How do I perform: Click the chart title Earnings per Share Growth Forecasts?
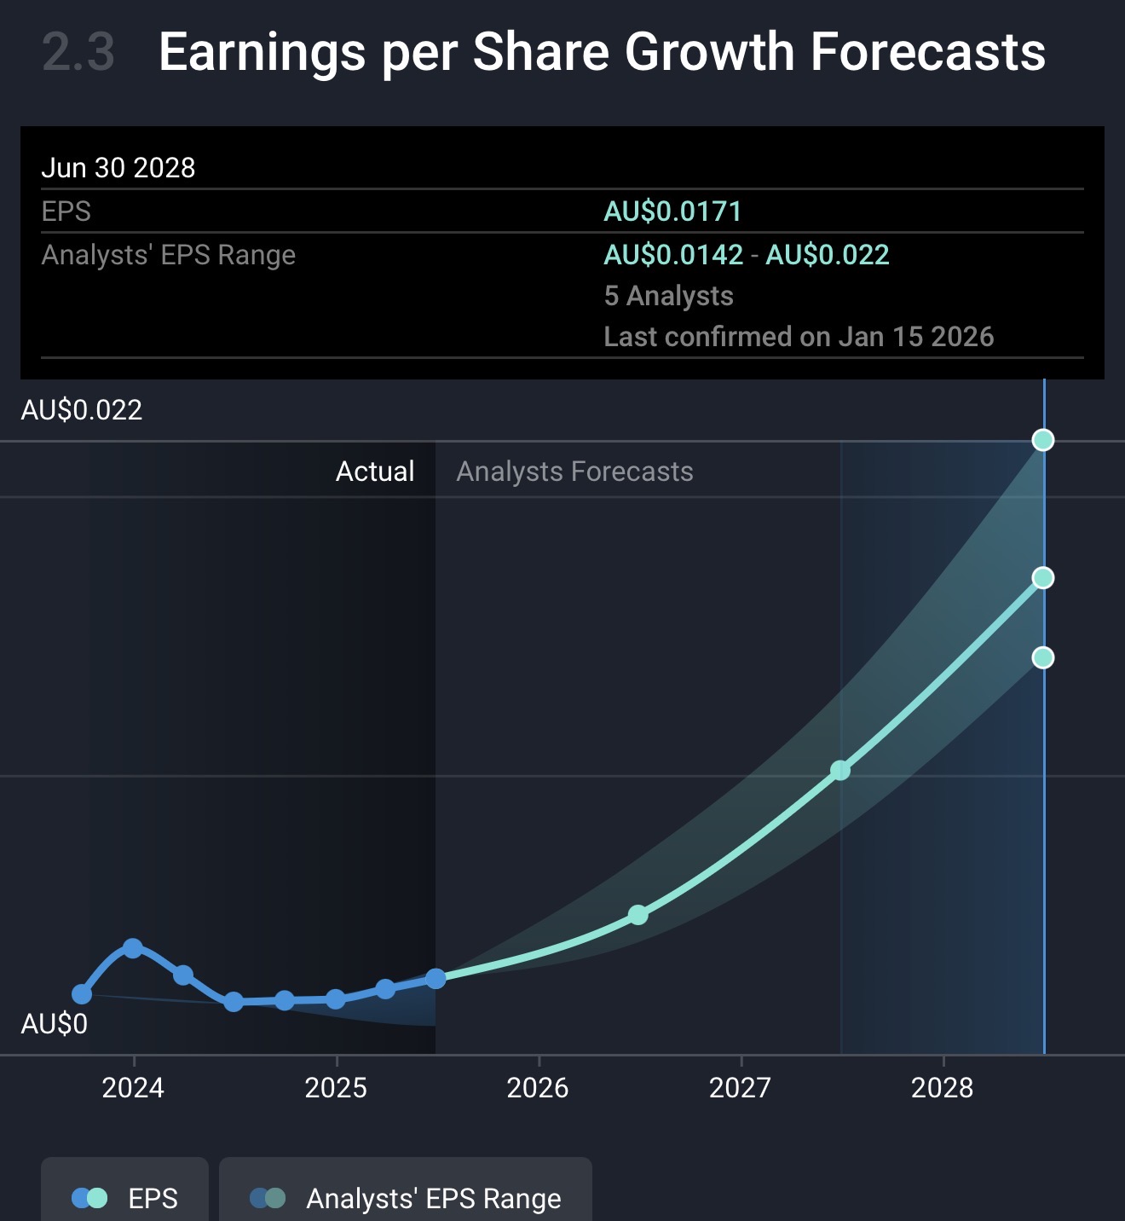pos(602,53)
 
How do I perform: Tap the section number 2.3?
pos(78,53)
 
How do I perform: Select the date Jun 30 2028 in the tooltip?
pos(118,168)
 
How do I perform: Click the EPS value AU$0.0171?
pos(672,211)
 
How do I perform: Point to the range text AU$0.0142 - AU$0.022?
pos(746,255)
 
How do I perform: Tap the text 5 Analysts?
pos(668,296)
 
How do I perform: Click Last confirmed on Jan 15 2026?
pos(799,337)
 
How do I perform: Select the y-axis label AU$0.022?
pos(82,410)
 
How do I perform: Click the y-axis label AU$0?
pos(54,1023)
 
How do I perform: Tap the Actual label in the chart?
pos(375,472)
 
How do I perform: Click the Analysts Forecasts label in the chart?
pos(574,472)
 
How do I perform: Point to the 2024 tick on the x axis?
pos(133,1087)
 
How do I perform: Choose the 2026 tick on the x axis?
pos(538,1087)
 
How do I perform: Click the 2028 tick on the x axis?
pos(942,1087)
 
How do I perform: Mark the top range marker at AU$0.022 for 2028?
pos(1043,440)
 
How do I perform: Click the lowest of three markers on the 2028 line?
pos(1043,657)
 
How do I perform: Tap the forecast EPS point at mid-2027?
pos(840,771)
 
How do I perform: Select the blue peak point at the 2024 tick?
pos(133,948)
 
